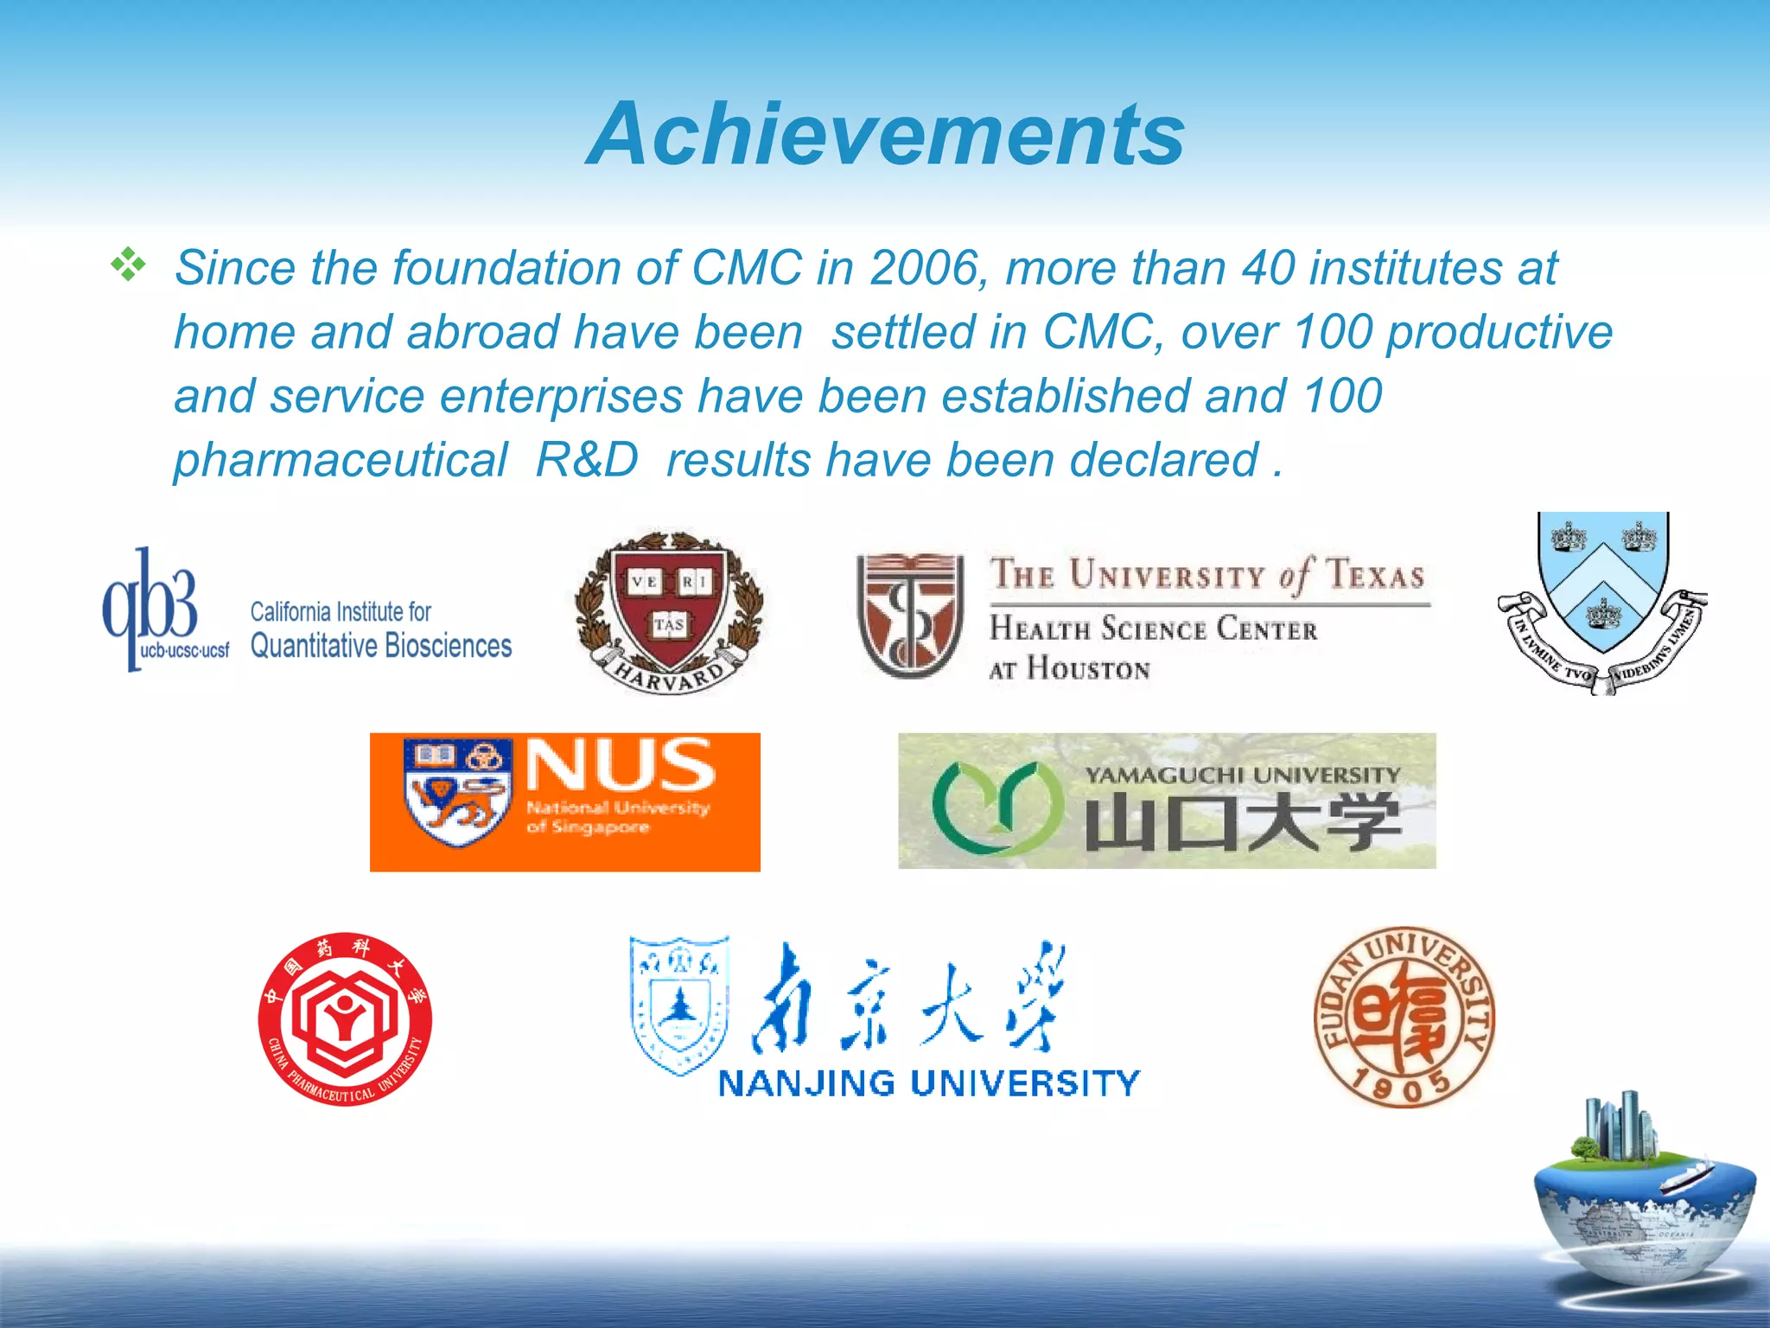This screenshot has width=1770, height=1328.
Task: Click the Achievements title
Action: (x=885, y=134)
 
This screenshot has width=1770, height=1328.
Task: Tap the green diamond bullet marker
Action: (x=128, y=265)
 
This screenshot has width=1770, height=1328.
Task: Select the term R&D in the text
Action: (x=587, y=459)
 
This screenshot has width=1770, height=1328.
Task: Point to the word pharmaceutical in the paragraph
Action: (x=341, y=459)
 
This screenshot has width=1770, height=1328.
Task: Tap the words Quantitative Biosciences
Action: (x=381, y=646)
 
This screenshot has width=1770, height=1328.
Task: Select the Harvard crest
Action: (x=669, y=610)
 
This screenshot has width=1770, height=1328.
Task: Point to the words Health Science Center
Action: (x=1153, y=629)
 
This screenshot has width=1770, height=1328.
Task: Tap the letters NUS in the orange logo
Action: (x=621, y=764)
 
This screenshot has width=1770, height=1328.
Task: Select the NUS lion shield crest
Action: (x=456, y=791)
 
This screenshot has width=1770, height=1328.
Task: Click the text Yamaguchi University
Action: (x=1242, y=775)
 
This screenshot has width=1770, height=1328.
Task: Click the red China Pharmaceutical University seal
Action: (x=345, y=1018)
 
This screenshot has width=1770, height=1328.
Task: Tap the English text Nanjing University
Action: (x=929, y=1083)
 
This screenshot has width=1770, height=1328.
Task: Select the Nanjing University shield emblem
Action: (x=679, y=1004)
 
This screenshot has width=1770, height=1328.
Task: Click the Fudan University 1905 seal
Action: (x=1404, y=1018)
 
